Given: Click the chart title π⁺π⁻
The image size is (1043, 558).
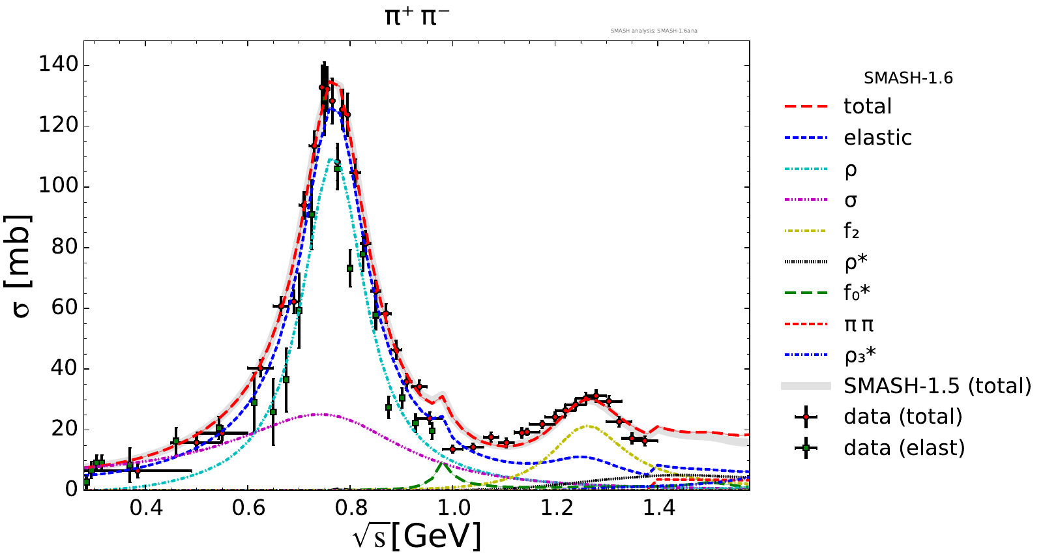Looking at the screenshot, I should pos(417,16).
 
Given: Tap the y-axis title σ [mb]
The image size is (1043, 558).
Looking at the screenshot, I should pos(21,265).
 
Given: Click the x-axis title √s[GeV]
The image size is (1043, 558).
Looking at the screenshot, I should pos(417,536).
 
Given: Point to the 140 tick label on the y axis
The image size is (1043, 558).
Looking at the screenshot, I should pos(58,65).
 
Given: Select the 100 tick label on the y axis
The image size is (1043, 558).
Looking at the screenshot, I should pos(58,186).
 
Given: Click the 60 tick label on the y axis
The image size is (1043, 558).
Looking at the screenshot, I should pos(65,307).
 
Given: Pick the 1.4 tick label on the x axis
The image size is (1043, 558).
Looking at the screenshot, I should pos(659,507).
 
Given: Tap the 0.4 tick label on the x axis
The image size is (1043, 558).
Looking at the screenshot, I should pos(146,507).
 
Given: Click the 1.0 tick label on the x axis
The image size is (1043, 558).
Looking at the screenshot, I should pos(454,507).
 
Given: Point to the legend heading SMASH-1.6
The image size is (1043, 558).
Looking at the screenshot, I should pos(908,78).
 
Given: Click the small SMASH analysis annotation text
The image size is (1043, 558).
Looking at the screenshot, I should pos(654,31).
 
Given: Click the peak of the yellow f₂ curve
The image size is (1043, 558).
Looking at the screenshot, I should pos(588,426).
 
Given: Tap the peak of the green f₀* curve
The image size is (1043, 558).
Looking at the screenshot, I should pos(443,463).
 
